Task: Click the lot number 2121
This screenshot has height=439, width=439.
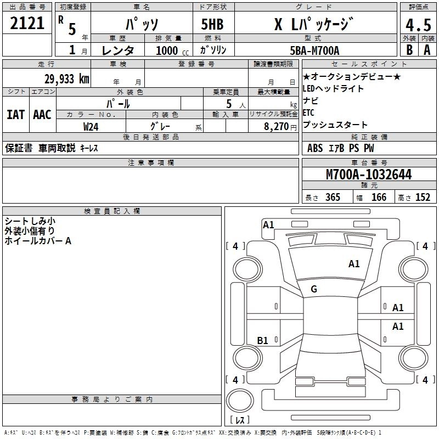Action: click(27, 23)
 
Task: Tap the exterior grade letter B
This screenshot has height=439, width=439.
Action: click(409, 50)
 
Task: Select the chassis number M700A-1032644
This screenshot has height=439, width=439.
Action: click(368, 175)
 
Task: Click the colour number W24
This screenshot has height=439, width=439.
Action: click(91, 126)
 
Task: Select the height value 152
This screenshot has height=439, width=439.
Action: click(422, 198)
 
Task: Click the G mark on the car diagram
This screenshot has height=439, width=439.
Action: click(314, 289)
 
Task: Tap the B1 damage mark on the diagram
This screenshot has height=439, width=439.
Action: click(263, 340)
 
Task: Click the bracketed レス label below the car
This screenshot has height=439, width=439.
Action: click(240, 420)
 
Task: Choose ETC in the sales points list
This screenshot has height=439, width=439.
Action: click(308, 113)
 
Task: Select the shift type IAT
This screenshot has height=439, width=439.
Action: click(15, 114)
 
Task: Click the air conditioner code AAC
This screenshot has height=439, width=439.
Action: click(42, 114)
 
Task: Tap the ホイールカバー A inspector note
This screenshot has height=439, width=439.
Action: click(38, 241)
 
